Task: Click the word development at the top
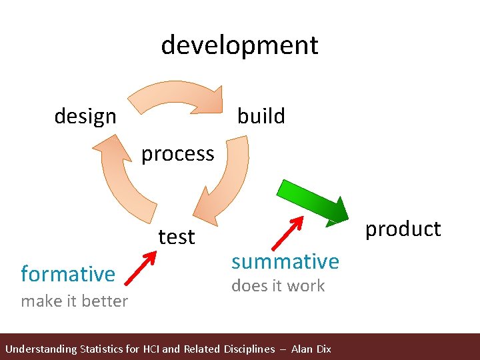239,45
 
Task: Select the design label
85,117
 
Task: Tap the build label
261,116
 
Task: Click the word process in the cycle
177,154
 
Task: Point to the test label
176,237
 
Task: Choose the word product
403,229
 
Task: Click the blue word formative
68,274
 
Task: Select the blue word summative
285,261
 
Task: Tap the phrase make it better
74,301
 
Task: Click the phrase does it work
277,286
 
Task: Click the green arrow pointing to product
314,200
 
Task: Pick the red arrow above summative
288,233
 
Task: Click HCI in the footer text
161,349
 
